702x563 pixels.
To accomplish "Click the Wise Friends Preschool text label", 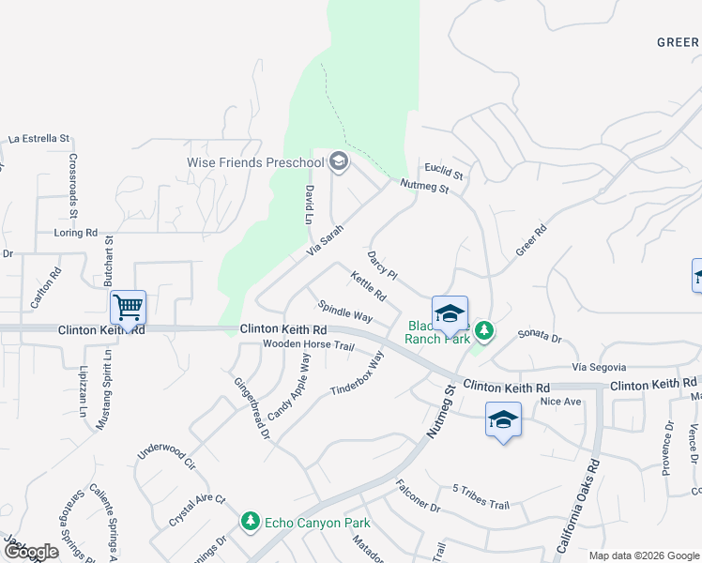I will pos(255,162).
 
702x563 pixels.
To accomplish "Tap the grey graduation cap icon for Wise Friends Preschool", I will pos(339,163).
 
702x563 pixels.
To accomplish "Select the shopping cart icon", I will pos(128,306).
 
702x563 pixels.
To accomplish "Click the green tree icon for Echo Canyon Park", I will pos(250,522).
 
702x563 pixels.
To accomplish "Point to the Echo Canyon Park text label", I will pos(317,523).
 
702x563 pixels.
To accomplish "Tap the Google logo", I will pos(31,552).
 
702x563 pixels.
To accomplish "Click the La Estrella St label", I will pos(38,138).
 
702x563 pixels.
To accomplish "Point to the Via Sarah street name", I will pos(326,242).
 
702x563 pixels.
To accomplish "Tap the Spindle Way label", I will pos(345,311).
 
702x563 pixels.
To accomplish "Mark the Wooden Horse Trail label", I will pos(308,346).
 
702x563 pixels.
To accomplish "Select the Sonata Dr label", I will pos(539,336).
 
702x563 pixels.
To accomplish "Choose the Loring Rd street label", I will pos(76,232).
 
